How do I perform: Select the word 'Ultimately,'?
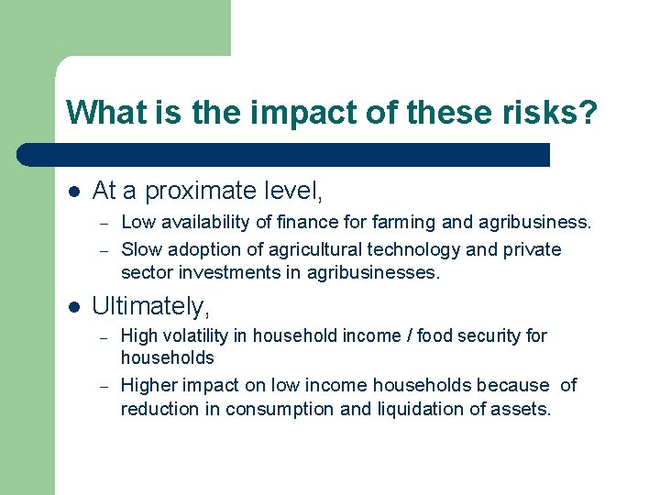[x=151, y=305]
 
